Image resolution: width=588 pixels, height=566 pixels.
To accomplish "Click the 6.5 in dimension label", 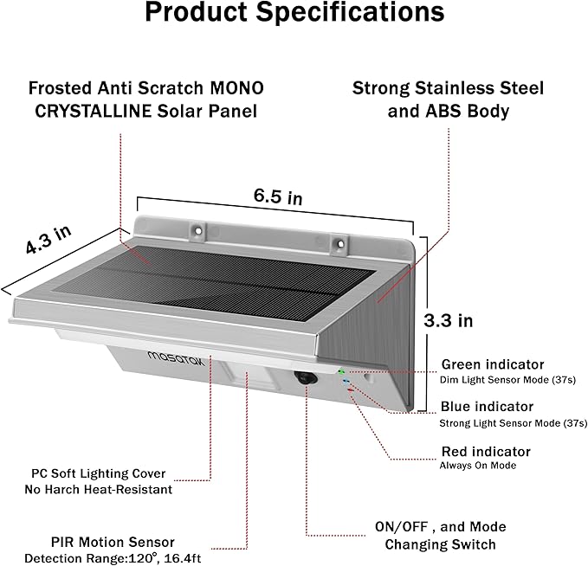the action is click(278, 196).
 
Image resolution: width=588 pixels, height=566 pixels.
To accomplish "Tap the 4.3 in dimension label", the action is click(48, 240).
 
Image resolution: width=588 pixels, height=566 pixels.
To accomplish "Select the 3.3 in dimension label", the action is click(448, 321).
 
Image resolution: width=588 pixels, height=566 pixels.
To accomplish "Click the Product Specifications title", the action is click(294, 12).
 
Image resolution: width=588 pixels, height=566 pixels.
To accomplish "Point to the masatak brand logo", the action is click(177, 359).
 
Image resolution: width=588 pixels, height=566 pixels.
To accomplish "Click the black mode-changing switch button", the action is click(306, 378).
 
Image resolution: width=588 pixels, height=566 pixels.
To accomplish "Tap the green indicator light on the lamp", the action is click(341, 371).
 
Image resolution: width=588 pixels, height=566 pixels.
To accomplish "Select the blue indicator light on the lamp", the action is click(346, 382).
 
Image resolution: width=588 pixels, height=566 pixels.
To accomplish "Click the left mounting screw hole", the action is click(198, 229).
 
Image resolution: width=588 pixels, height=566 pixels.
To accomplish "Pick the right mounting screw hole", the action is click(340, 244).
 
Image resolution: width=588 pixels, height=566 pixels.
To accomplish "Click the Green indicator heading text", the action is click(493, 364).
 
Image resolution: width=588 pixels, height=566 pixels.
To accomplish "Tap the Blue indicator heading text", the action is click(487, 407).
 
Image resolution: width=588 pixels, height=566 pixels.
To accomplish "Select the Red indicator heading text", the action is click(486, 452).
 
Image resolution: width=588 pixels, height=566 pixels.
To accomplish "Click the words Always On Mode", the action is click(478, 466).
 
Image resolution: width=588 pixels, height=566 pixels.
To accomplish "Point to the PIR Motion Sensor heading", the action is click(113, 542).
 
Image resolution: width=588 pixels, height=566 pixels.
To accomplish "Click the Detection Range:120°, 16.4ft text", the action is click(113, 558).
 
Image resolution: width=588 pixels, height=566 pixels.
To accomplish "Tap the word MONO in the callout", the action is click(236, 88).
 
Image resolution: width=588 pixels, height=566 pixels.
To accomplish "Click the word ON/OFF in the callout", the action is click(401, 527).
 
